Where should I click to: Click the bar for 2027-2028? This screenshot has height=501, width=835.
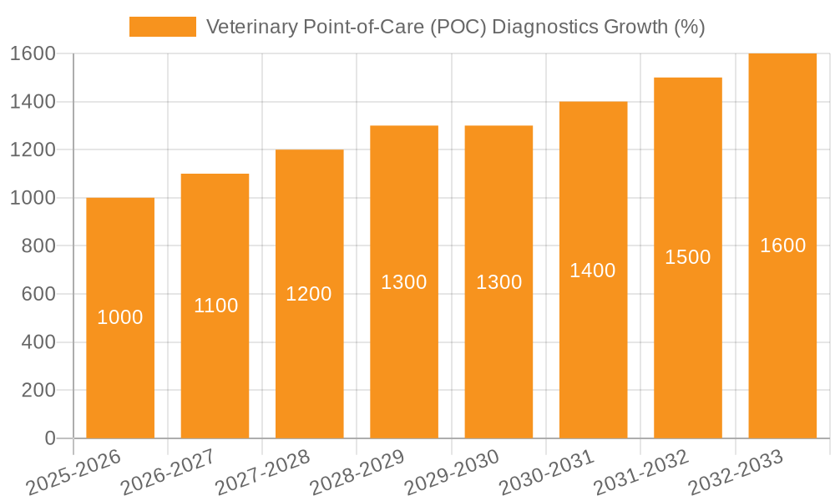point(309,351)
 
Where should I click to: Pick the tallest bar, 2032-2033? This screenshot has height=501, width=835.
point(782,334)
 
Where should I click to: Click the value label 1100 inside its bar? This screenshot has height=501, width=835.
point(215,306)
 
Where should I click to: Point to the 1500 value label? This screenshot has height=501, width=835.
point(687,257)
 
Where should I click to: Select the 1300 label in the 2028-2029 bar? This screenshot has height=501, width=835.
point(403,282)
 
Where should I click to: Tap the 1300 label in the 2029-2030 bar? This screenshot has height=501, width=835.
point(498,282)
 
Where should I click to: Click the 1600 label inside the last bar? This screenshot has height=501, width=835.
point(782,245)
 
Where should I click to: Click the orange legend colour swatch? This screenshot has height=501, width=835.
point(162,27)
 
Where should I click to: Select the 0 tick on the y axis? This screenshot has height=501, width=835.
point(49,438)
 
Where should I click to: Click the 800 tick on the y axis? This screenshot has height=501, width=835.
point(38,246)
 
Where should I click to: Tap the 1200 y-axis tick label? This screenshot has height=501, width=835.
point(33,150)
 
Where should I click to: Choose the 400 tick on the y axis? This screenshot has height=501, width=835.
point(38,342)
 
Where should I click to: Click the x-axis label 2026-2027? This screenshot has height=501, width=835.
point(168,473)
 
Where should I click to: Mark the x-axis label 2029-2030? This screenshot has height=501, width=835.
point(452,473)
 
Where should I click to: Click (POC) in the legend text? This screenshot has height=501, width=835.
point(461,27)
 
